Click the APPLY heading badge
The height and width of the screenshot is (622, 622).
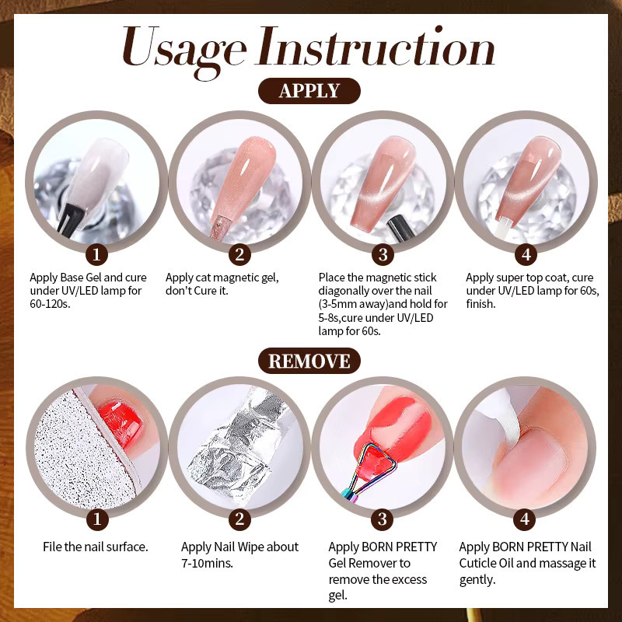coord(309,91)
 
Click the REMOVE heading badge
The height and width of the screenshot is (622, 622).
coord(309,361)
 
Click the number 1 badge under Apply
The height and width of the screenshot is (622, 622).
coord(96,254)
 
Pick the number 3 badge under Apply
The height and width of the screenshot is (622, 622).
coord(383,254)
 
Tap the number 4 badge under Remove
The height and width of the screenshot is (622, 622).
coord(525,519)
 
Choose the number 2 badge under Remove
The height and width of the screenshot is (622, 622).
coord(239,519)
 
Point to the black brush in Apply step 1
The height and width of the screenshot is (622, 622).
coord(71,218)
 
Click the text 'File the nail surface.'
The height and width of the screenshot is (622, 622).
coord(95,547)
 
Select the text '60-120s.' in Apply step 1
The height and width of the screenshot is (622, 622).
coord(50,304)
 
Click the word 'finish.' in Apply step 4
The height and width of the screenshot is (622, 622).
coord(480,304)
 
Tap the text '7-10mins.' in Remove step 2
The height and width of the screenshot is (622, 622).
coord(207,563)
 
